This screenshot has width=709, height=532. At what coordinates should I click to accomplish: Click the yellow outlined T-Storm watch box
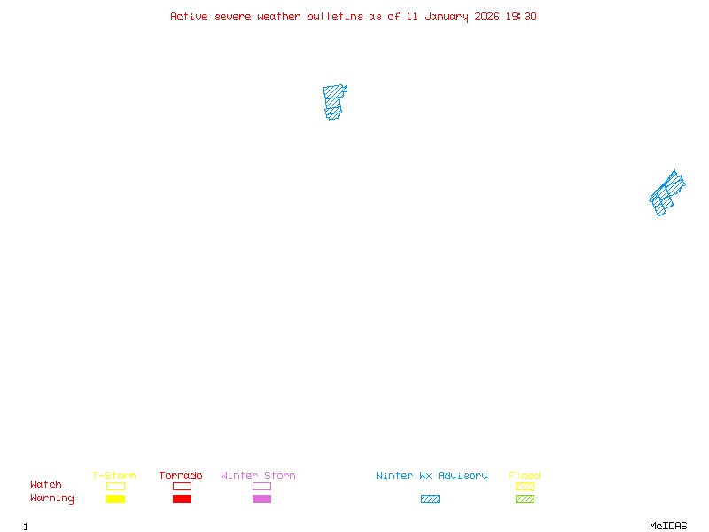click(115, 486)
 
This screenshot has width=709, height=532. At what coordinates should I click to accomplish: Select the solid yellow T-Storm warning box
click(115, 498)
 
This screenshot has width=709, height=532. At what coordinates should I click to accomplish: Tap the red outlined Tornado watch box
click(182, 486)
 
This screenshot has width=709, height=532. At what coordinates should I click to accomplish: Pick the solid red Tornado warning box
click(182, 498)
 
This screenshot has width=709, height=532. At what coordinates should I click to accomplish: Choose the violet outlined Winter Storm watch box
click(261, 486)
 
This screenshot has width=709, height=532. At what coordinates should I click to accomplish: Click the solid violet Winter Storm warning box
click(261, 498)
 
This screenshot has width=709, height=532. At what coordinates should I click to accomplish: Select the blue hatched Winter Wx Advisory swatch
click(430, 498)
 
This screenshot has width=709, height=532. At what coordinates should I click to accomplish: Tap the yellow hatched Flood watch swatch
click(525, 486)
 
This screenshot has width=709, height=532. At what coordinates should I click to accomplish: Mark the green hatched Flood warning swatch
click(525, 498)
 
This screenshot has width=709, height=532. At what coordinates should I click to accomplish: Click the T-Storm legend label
click(114, 475)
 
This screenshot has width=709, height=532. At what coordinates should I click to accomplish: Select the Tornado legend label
click(181, 475)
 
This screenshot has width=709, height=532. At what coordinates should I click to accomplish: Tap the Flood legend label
click(525, 475)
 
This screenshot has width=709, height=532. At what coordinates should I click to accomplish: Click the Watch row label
click(46, 485)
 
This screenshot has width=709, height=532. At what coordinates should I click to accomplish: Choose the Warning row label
click(52, 498)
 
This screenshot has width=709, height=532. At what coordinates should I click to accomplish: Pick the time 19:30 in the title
click(522, 16)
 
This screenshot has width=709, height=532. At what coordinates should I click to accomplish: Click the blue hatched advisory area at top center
click(333, 101)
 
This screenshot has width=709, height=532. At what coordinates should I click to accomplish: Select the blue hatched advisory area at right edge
click(666, 192)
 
